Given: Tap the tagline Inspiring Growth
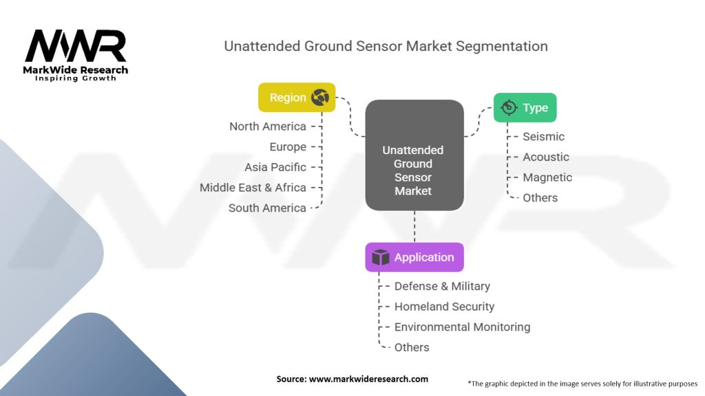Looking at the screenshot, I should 76,78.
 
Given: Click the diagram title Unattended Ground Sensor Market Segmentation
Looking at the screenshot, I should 386,46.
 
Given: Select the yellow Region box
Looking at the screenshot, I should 296,98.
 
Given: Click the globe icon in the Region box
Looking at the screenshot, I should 320,98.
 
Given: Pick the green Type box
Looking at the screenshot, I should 525,107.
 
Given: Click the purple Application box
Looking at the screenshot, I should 414,257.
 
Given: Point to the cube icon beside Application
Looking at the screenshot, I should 381,257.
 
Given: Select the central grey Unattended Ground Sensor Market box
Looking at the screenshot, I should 414,155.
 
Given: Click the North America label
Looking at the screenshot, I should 267,126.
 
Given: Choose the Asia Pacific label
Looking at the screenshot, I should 275,167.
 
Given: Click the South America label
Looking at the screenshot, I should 266,208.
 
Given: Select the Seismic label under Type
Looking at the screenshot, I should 543,137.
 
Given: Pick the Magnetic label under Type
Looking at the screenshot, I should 547,177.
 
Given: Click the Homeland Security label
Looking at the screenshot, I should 444,307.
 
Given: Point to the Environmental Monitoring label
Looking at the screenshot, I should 462,327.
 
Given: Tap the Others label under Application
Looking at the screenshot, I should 412,347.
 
